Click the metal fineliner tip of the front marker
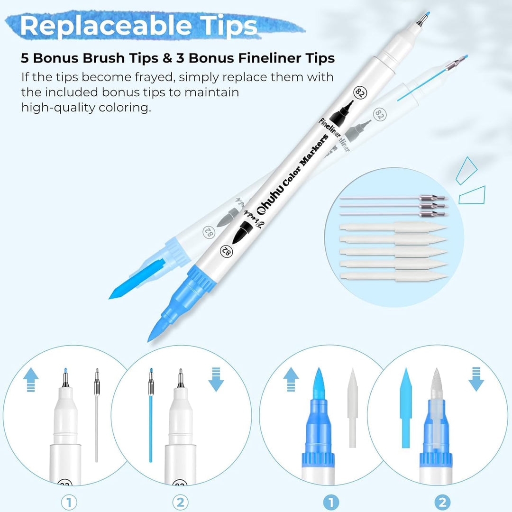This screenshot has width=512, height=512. tap(421, 19)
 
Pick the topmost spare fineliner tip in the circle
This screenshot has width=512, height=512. tap(393, 198)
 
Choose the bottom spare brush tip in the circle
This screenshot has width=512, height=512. tap(393, 276)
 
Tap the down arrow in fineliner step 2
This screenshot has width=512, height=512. tap(216, 381)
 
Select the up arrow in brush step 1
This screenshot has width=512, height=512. tap(291, 381)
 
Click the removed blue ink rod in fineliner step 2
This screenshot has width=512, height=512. tap(151, 427)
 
